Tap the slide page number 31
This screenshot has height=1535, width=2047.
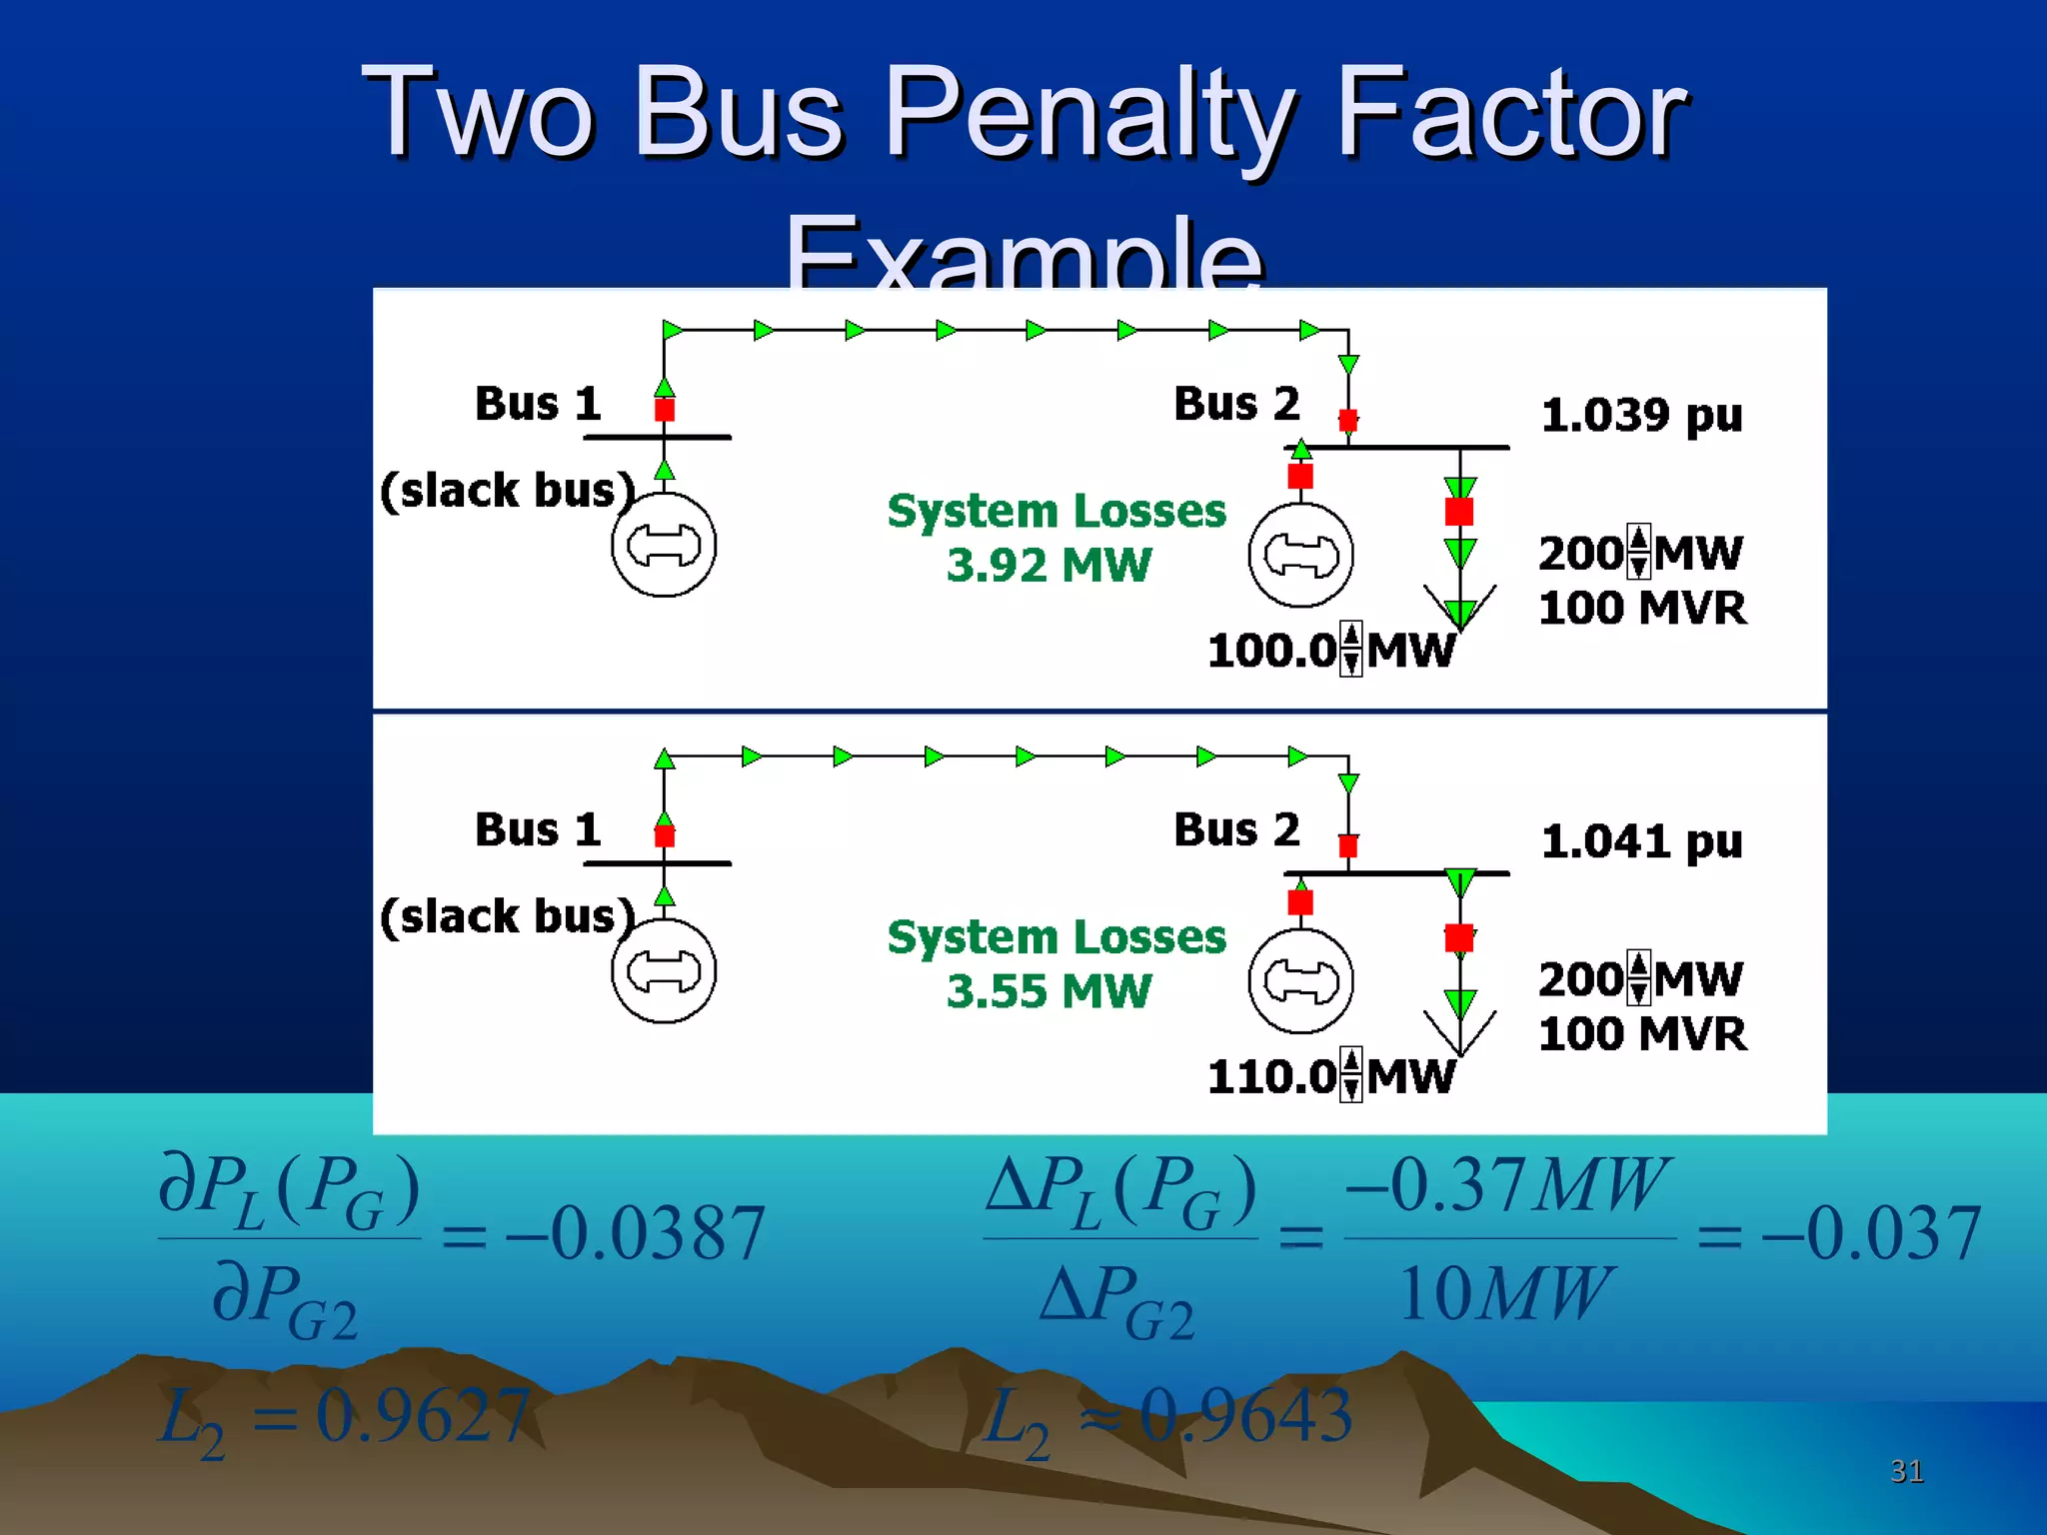[1906, 1471]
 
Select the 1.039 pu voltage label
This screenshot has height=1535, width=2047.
[1641, 415]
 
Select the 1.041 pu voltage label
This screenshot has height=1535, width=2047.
[1641, 841]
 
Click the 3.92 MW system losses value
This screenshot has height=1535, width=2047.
[1048, 566]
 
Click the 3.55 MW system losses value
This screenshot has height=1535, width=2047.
[1048, 991]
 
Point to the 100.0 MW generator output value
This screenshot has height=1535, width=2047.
[1271, 651]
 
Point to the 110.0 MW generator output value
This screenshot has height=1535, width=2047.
[1271, 1077]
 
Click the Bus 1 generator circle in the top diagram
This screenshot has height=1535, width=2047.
[664, 545]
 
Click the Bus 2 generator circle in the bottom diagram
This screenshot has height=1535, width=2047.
[1300, 980]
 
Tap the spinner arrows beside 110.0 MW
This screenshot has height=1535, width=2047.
[1350, 1075]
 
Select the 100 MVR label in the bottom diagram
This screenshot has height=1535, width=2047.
[1642, 1034]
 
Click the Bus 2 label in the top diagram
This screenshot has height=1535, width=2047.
[1236, 404]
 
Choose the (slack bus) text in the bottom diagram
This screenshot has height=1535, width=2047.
[508, 916]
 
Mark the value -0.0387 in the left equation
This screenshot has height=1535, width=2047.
[636, 1233]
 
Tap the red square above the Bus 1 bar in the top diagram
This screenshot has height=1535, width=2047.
[665, 410]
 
